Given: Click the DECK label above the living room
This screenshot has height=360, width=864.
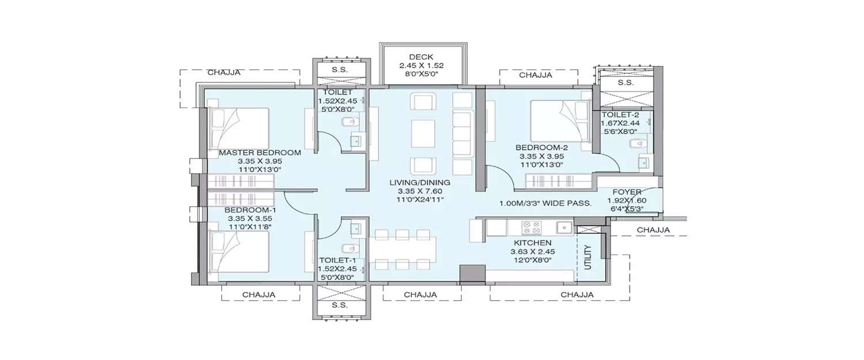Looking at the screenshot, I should click(x=421, y=57).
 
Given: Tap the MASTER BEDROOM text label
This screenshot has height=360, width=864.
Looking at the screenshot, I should click(x=260, y=153).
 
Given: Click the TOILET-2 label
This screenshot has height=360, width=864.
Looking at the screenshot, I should click(x=624, y=114).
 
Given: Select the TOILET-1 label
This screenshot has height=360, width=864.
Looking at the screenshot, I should click(x=337, y=260).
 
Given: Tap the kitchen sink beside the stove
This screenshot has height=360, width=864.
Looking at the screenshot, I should click(x=563, y=227).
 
